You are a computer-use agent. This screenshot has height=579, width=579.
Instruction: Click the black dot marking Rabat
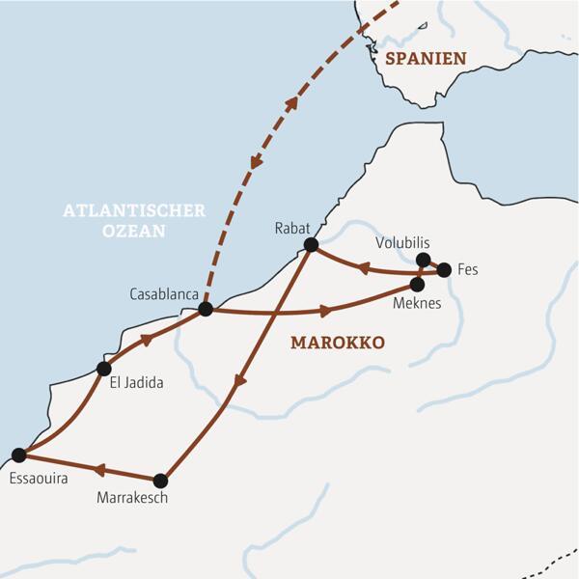click(311, 245)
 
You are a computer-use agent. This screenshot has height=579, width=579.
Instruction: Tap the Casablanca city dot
click(205, 310)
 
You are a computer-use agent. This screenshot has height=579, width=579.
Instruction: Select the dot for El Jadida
click(104, 368)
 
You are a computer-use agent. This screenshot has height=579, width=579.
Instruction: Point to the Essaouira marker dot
click(17, 455)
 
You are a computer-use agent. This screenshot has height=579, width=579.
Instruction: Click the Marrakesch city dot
click(161, 480)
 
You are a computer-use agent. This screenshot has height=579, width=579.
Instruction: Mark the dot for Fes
click(444, 270)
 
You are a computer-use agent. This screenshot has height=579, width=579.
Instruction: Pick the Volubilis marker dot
click(423, 260)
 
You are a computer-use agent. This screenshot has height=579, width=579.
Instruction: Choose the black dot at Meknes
click(418, 285)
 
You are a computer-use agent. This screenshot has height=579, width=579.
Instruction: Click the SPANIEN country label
click(426, 58)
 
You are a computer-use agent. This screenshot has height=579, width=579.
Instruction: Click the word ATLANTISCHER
click(134, 210)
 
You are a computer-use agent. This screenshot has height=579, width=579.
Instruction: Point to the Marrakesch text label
click(133, 499)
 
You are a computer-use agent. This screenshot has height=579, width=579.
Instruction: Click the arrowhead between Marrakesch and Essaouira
click(99, 470)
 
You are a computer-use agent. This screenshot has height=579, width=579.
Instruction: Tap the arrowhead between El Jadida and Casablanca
click(147, 341)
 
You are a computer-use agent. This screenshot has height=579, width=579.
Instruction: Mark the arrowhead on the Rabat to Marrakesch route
click(240, 381)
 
